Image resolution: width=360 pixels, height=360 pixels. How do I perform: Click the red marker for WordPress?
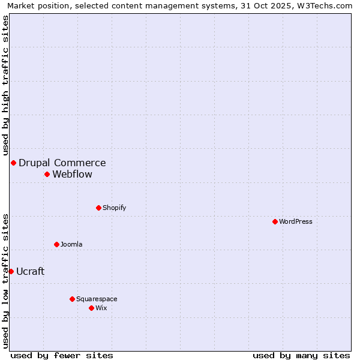click(x=275, y=221)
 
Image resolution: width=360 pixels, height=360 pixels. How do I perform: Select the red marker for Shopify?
click(x=98, y=208)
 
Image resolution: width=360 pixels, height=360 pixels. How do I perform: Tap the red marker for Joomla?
click(x=56, y=244)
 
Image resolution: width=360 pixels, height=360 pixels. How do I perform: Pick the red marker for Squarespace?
click(x=72, y=299)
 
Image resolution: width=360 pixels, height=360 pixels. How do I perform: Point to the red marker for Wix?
click(x=91, y=308)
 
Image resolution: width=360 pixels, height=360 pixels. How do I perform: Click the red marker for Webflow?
click(x=47, y=174)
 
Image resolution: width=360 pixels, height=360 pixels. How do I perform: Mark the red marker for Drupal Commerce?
click(x=13, y=163)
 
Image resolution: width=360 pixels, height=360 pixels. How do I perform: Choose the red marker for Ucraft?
click(x=11, y=271)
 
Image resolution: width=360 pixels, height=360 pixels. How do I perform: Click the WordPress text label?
click(x=296, y=221)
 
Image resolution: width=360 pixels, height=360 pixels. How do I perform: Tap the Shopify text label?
click(x=114, y=208)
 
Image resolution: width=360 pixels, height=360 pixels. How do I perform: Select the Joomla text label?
click(x=71, y=244)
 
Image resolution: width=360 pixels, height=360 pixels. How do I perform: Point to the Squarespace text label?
click(x=97, y=299)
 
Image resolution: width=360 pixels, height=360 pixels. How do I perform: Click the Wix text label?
click(x=101, y=308)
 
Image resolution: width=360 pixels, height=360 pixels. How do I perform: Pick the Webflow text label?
click(x=72, y=174)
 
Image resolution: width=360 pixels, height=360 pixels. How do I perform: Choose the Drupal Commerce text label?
click(x=62, y=163)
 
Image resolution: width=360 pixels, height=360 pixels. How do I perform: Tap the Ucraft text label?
click(x=30, y=271)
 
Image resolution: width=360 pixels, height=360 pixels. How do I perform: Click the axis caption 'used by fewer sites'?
click(x=62, y=355)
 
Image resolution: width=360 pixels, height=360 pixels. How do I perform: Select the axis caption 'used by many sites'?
click(x=301, y=355)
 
